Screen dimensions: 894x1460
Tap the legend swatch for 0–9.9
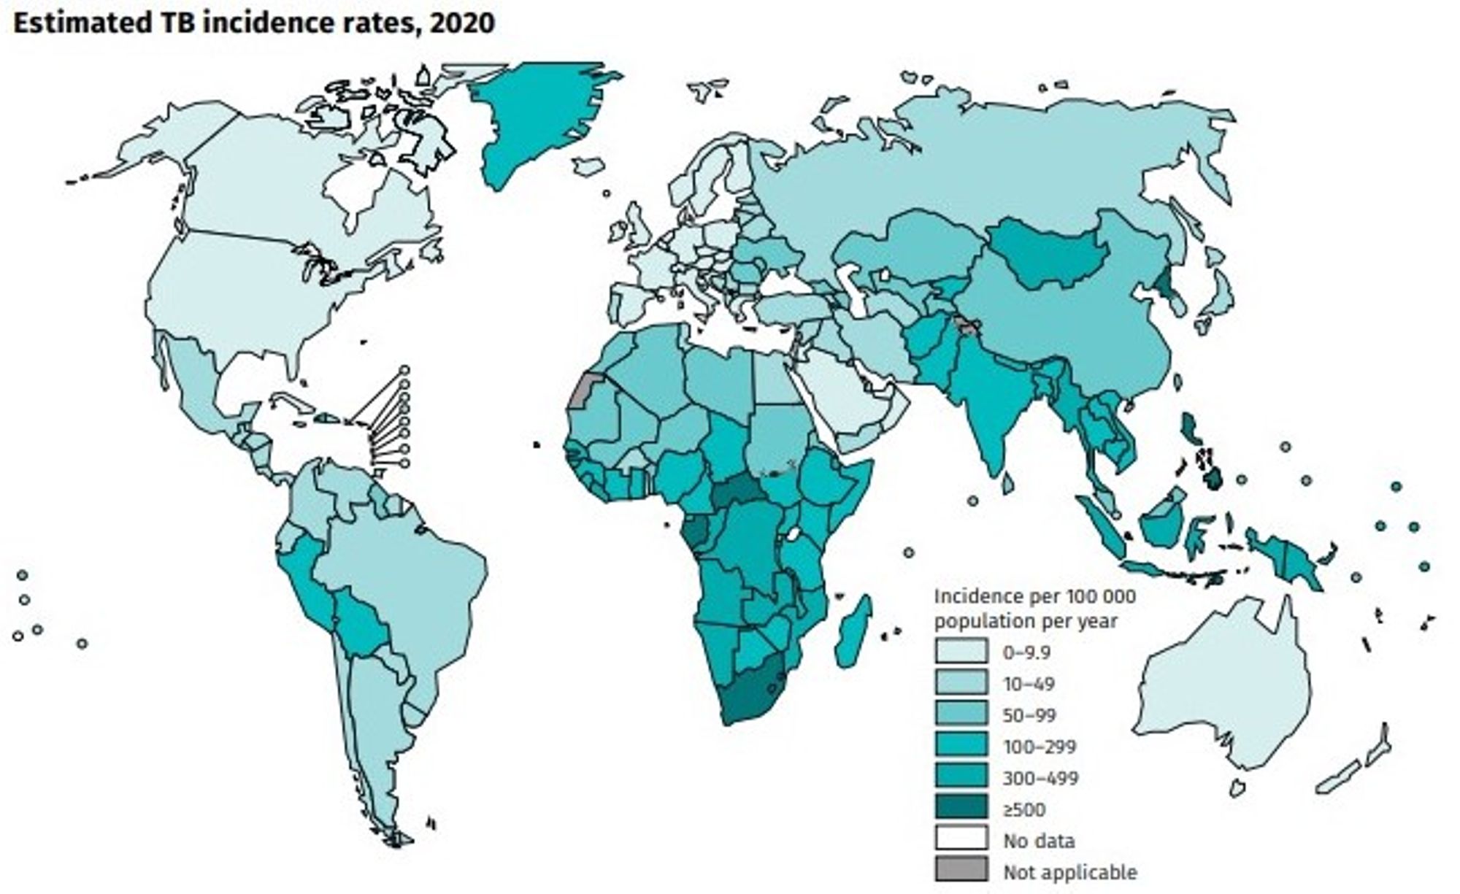(961, 652)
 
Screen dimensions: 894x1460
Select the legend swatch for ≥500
(961, 808)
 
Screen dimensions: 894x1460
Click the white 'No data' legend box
(961, 839)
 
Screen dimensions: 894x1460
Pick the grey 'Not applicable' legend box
(961, 871)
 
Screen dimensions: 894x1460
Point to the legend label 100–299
(1039, 747)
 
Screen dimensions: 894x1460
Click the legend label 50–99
(1029, 715)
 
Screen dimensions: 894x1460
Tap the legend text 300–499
(1040, 778)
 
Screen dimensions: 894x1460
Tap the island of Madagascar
(853, 632)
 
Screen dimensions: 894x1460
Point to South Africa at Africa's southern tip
(748, 697)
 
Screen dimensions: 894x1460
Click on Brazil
(409, 584)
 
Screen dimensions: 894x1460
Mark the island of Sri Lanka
(1007, 482)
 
